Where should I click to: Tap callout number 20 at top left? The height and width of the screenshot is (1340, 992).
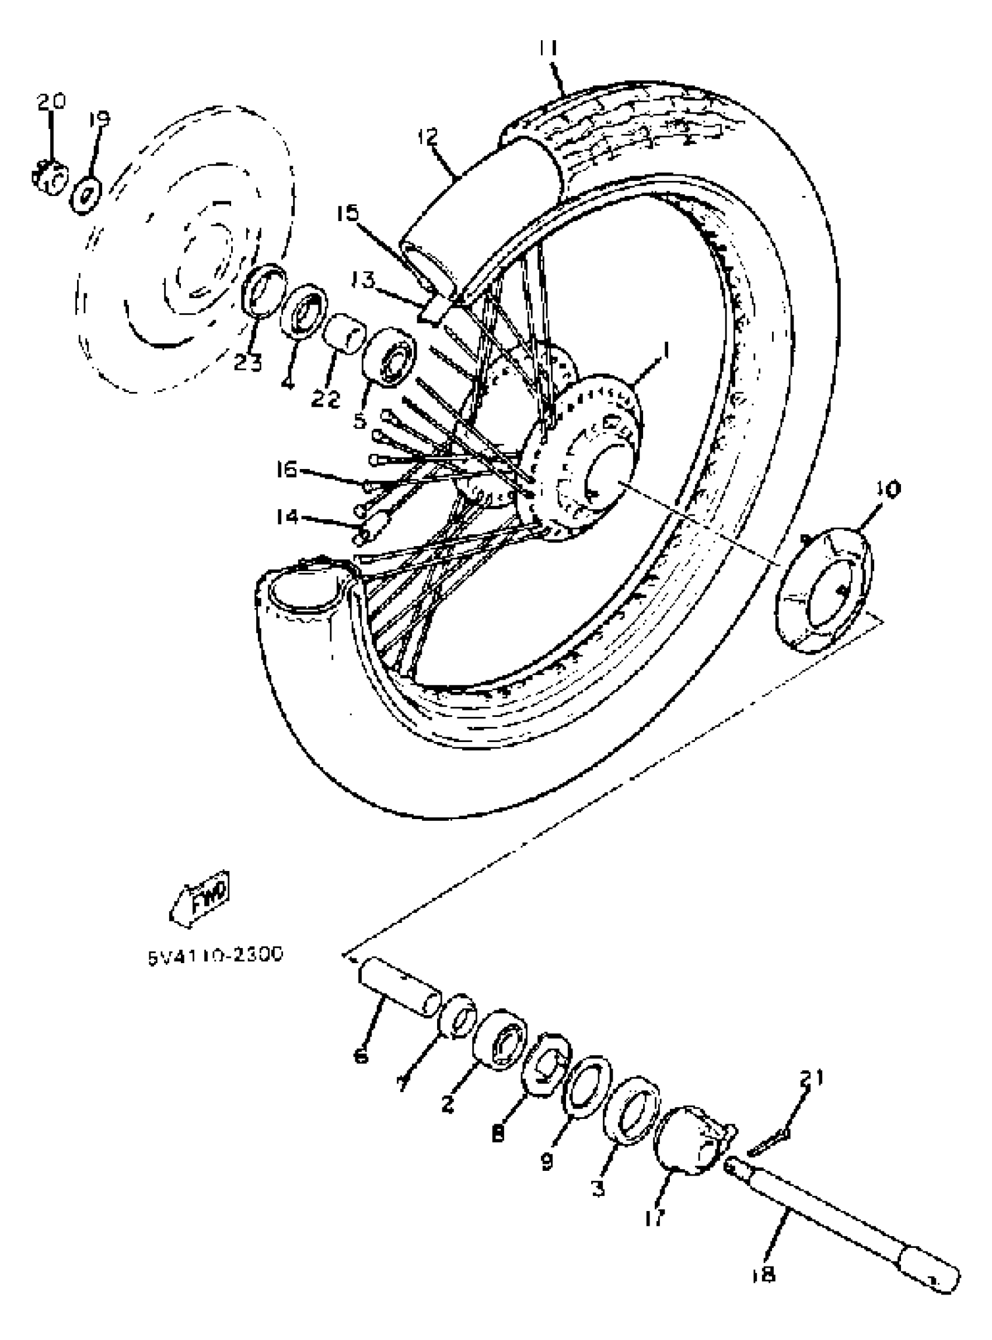51,102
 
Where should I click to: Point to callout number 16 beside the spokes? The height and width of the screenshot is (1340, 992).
287,470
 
